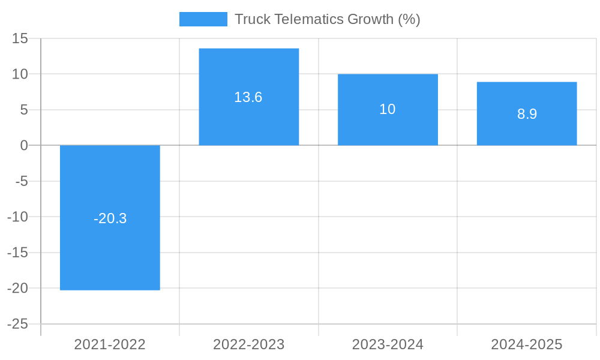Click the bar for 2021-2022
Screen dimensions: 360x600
click(x=110, y=252)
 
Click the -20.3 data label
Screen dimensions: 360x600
click(x=110, y=218)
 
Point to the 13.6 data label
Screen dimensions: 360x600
click(x=248, y=97)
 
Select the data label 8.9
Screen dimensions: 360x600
click(x=527, y=114)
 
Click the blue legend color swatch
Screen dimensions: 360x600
click(x=203, y=19)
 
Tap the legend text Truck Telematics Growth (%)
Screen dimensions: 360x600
click(x=327, y=19)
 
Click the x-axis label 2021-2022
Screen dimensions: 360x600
click(x=110, y=344)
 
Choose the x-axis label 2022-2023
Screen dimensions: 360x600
click(x=249, y=344)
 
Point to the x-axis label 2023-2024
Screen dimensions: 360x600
click(x=388, y=344)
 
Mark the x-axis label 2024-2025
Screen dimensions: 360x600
click(x=527, y=344)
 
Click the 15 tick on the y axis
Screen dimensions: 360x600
click(x=20, y=38)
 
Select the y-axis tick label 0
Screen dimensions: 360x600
click(x=24, y=145)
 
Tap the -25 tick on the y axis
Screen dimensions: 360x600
click(x=18, y=324)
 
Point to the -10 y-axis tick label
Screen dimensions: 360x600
click(x=18, y=217)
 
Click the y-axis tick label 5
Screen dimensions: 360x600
click(x=24, y=110)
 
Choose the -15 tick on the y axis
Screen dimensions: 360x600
click(x=18, y=253)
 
